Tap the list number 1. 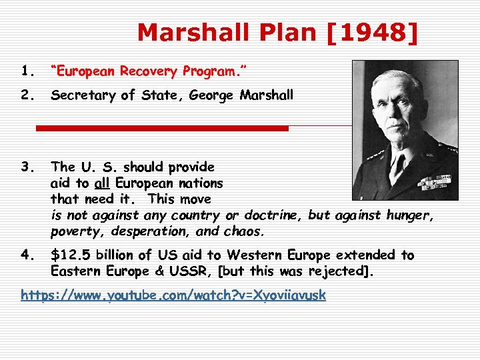(x=27, y=71)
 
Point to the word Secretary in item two (x=83, y=95)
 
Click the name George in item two (x=213, y=95)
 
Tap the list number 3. (x=27, y=167)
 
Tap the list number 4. (x=27, y=255)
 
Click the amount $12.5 (x=69, y=255)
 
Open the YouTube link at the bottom (x=173, y=295)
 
